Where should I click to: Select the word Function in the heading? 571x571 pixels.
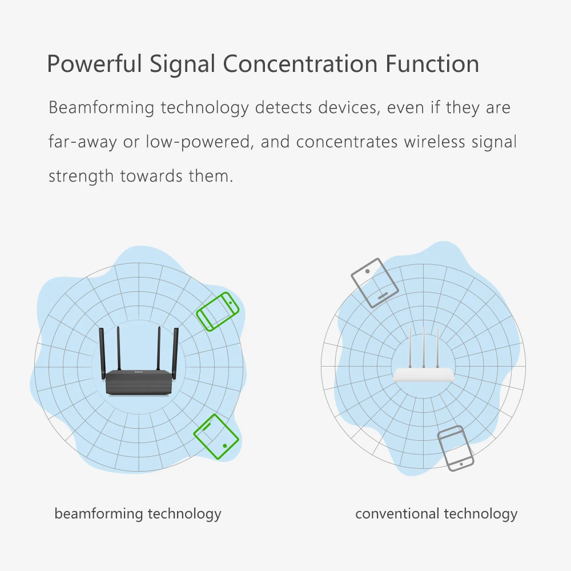tap(432, 64)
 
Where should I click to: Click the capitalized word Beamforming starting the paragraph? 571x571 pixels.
tap(101, 108)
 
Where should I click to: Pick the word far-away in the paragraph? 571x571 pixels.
tap(83, 142)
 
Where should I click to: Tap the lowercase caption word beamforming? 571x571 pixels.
tap(99, 514)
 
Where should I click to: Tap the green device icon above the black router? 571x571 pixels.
tap(218, 311)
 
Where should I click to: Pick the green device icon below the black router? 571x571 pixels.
tap(216, 437)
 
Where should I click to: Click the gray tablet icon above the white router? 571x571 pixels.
tap(375, 283)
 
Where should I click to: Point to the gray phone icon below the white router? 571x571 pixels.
tap(456, 448)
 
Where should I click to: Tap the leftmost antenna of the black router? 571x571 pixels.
tap(102, 352)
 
